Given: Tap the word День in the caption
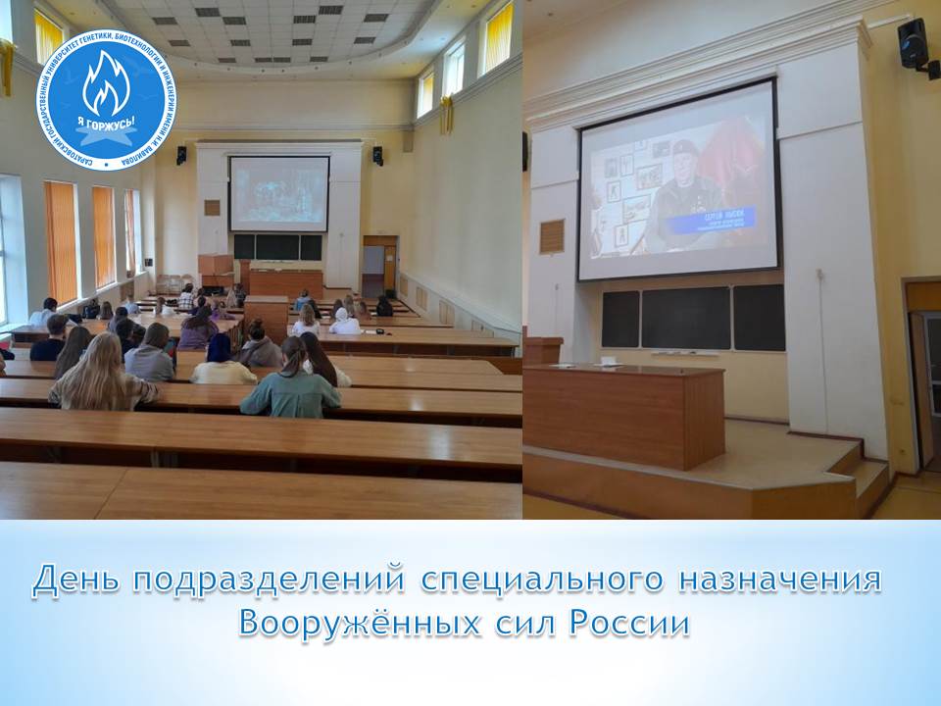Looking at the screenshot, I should pos(76,581).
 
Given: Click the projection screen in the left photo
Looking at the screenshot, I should pos(279,193).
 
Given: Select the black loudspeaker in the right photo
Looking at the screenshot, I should pos(913,45).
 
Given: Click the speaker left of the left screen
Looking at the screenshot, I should pos(181,155).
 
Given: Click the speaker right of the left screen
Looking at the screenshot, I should pos(377,155).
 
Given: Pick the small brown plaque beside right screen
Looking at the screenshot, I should pos(552,236).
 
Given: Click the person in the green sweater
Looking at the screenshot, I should pos(290,384).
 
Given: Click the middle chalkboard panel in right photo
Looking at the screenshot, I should pos(685,318).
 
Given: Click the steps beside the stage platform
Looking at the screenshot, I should pos(870,480).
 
